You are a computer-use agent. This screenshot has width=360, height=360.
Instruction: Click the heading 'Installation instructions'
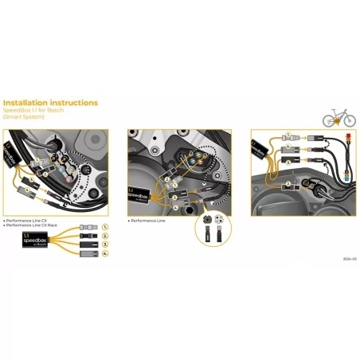point(51,103)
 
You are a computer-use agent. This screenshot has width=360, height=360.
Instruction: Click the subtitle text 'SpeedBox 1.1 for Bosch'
point(33,111)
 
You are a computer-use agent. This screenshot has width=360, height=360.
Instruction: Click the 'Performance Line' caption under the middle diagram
point(147,220)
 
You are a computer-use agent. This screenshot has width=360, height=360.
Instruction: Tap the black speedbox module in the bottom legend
point(35,241)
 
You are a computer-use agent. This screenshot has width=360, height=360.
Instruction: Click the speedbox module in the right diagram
point(259,148)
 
